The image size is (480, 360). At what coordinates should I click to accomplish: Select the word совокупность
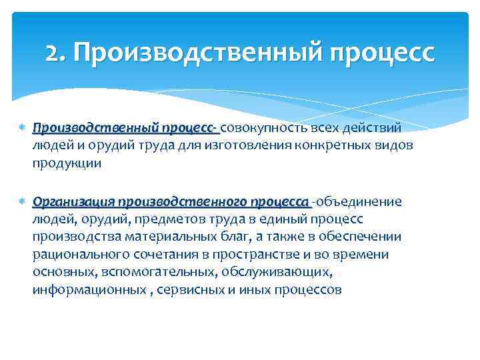[260, 127]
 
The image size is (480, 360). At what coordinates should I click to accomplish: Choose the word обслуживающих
[272, 273]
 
